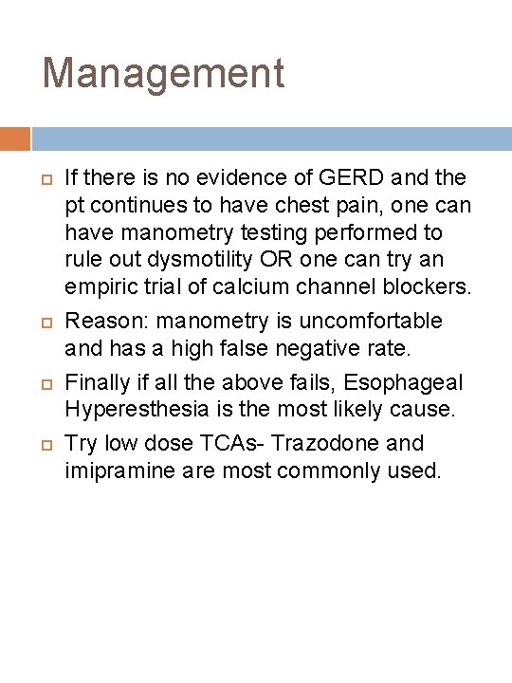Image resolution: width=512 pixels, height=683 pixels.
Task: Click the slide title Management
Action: (163, 73)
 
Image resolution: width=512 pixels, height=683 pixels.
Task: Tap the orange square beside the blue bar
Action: (14, 139)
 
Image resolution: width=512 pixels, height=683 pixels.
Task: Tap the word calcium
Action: (244, 286)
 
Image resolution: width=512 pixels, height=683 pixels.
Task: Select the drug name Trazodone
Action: (323, 443)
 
